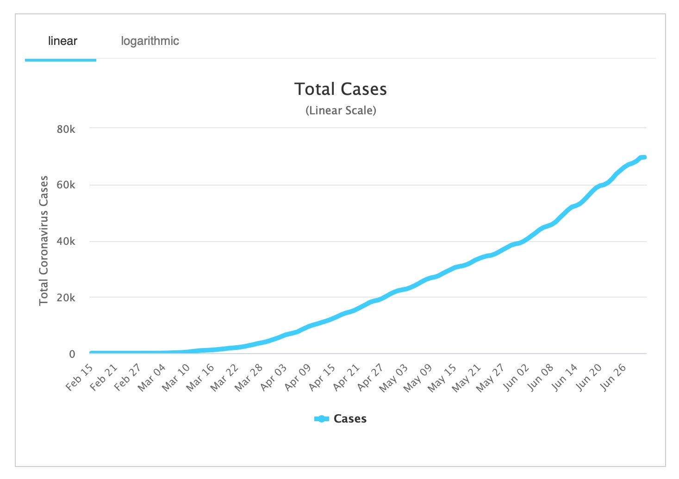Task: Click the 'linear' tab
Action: (x=62, y=41)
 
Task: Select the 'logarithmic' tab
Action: (x=150, y=41)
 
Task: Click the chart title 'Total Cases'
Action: (x=341, y=89)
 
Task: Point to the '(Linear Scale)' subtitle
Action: (x=341, y=111)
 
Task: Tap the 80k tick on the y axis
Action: (x=66, y=129)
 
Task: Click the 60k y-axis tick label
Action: (x=66, y=185)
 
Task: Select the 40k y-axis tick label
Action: (x=66, y=242)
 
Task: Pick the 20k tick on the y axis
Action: (x=66, y=298)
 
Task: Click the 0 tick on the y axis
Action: (x=72, y=354)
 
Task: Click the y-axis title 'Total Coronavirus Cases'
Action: (x=44, y=240)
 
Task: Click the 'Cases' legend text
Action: (x=350, y=419)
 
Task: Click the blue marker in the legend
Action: (x=321, y=419)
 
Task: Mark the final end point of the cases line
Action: (x=644, y=157)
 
